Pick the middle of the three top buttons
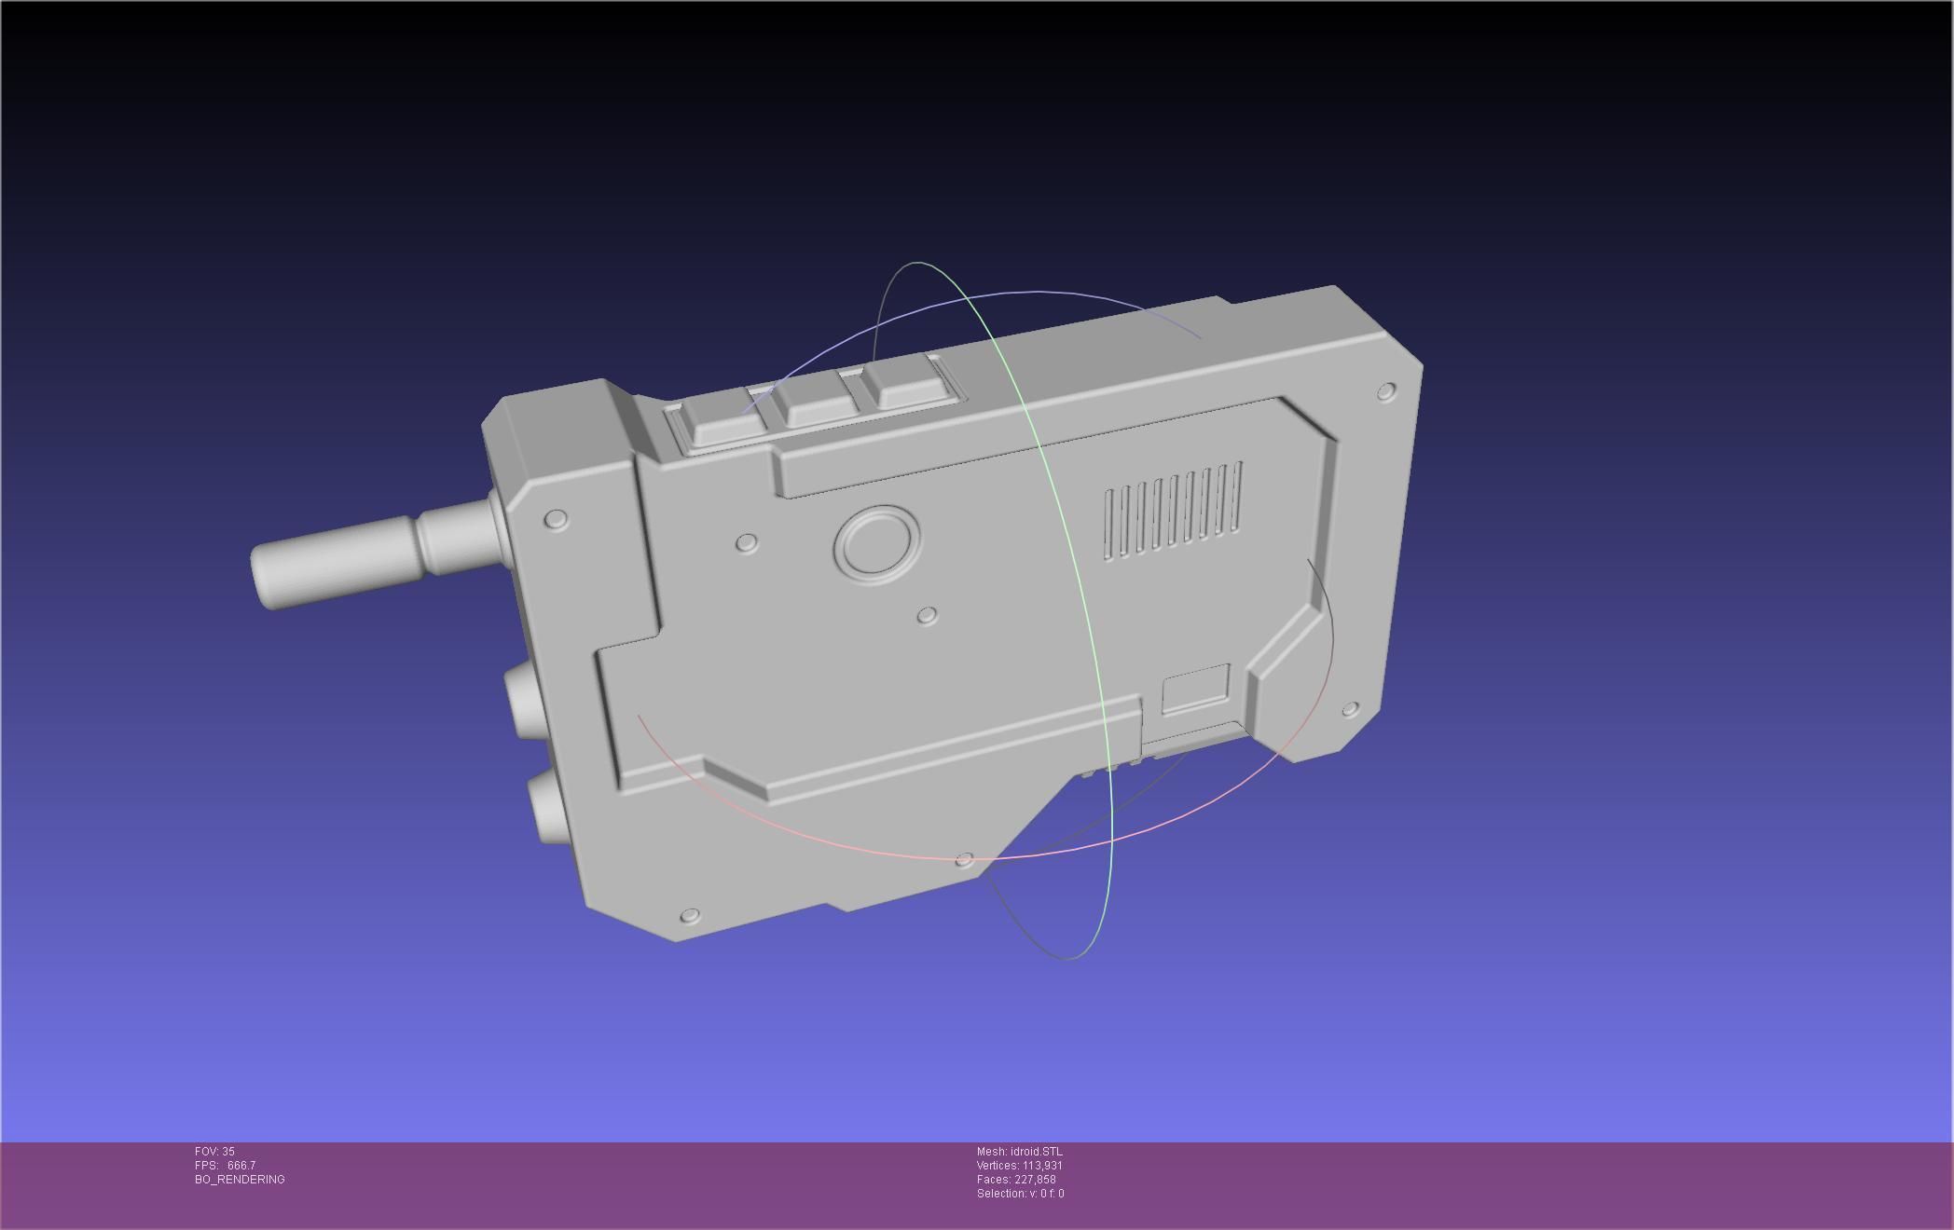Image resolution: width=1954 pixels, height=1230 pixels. click(x=817, y=403)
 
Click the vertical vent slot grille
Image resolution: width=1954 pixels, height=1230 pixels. click(x=1173, y=511)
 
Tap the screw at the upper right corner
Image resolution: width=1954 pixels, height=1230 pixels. click(x=1386, y=390)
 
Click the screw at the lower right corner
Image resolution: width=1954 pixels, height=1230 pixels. click(x=1350, y=710)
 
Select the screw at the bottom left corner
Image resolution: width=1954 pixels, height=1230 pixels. click(x=690, y=916)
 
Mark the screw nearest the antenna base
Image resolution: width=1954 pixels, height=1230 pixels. click(x=556, y=518)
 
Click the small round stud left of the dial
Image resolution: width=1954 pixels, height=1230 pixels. click(x=747, y=542)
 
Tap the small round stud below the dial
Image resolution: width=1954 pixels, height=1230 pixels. click(x=927, y=616)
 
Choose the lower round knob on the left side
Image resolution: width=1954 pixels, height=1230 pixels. click(x=545, y=807)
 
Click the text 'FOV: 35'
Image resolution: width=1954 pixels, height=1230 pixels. click(x=214, y=1152)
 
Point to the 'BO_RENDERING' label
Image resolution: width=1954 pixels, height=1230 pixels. click(x=240, y=1180)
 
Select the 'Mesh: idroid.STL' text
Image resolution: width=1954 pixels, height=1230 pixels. click(x=1019, y=1152)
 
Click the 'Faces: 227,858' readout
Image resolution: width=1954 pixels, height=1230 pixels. click(x=1016, y=1180)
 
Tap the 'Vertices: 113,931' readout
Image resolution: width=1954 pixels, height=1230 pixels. click(x=1019, y=1166)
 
